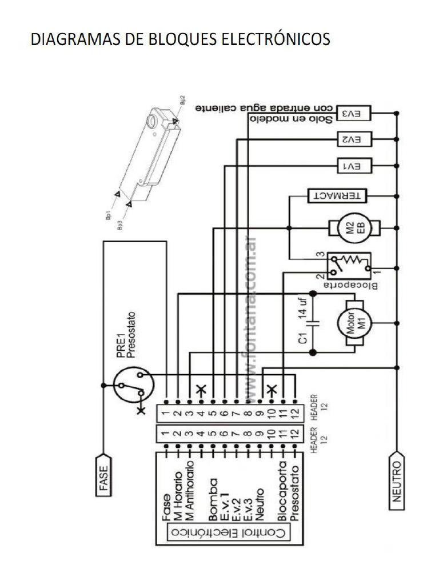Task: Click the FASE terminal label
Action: (x=103, y=475)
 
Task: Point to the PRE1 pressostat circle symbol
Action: (x=132, y=387)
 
